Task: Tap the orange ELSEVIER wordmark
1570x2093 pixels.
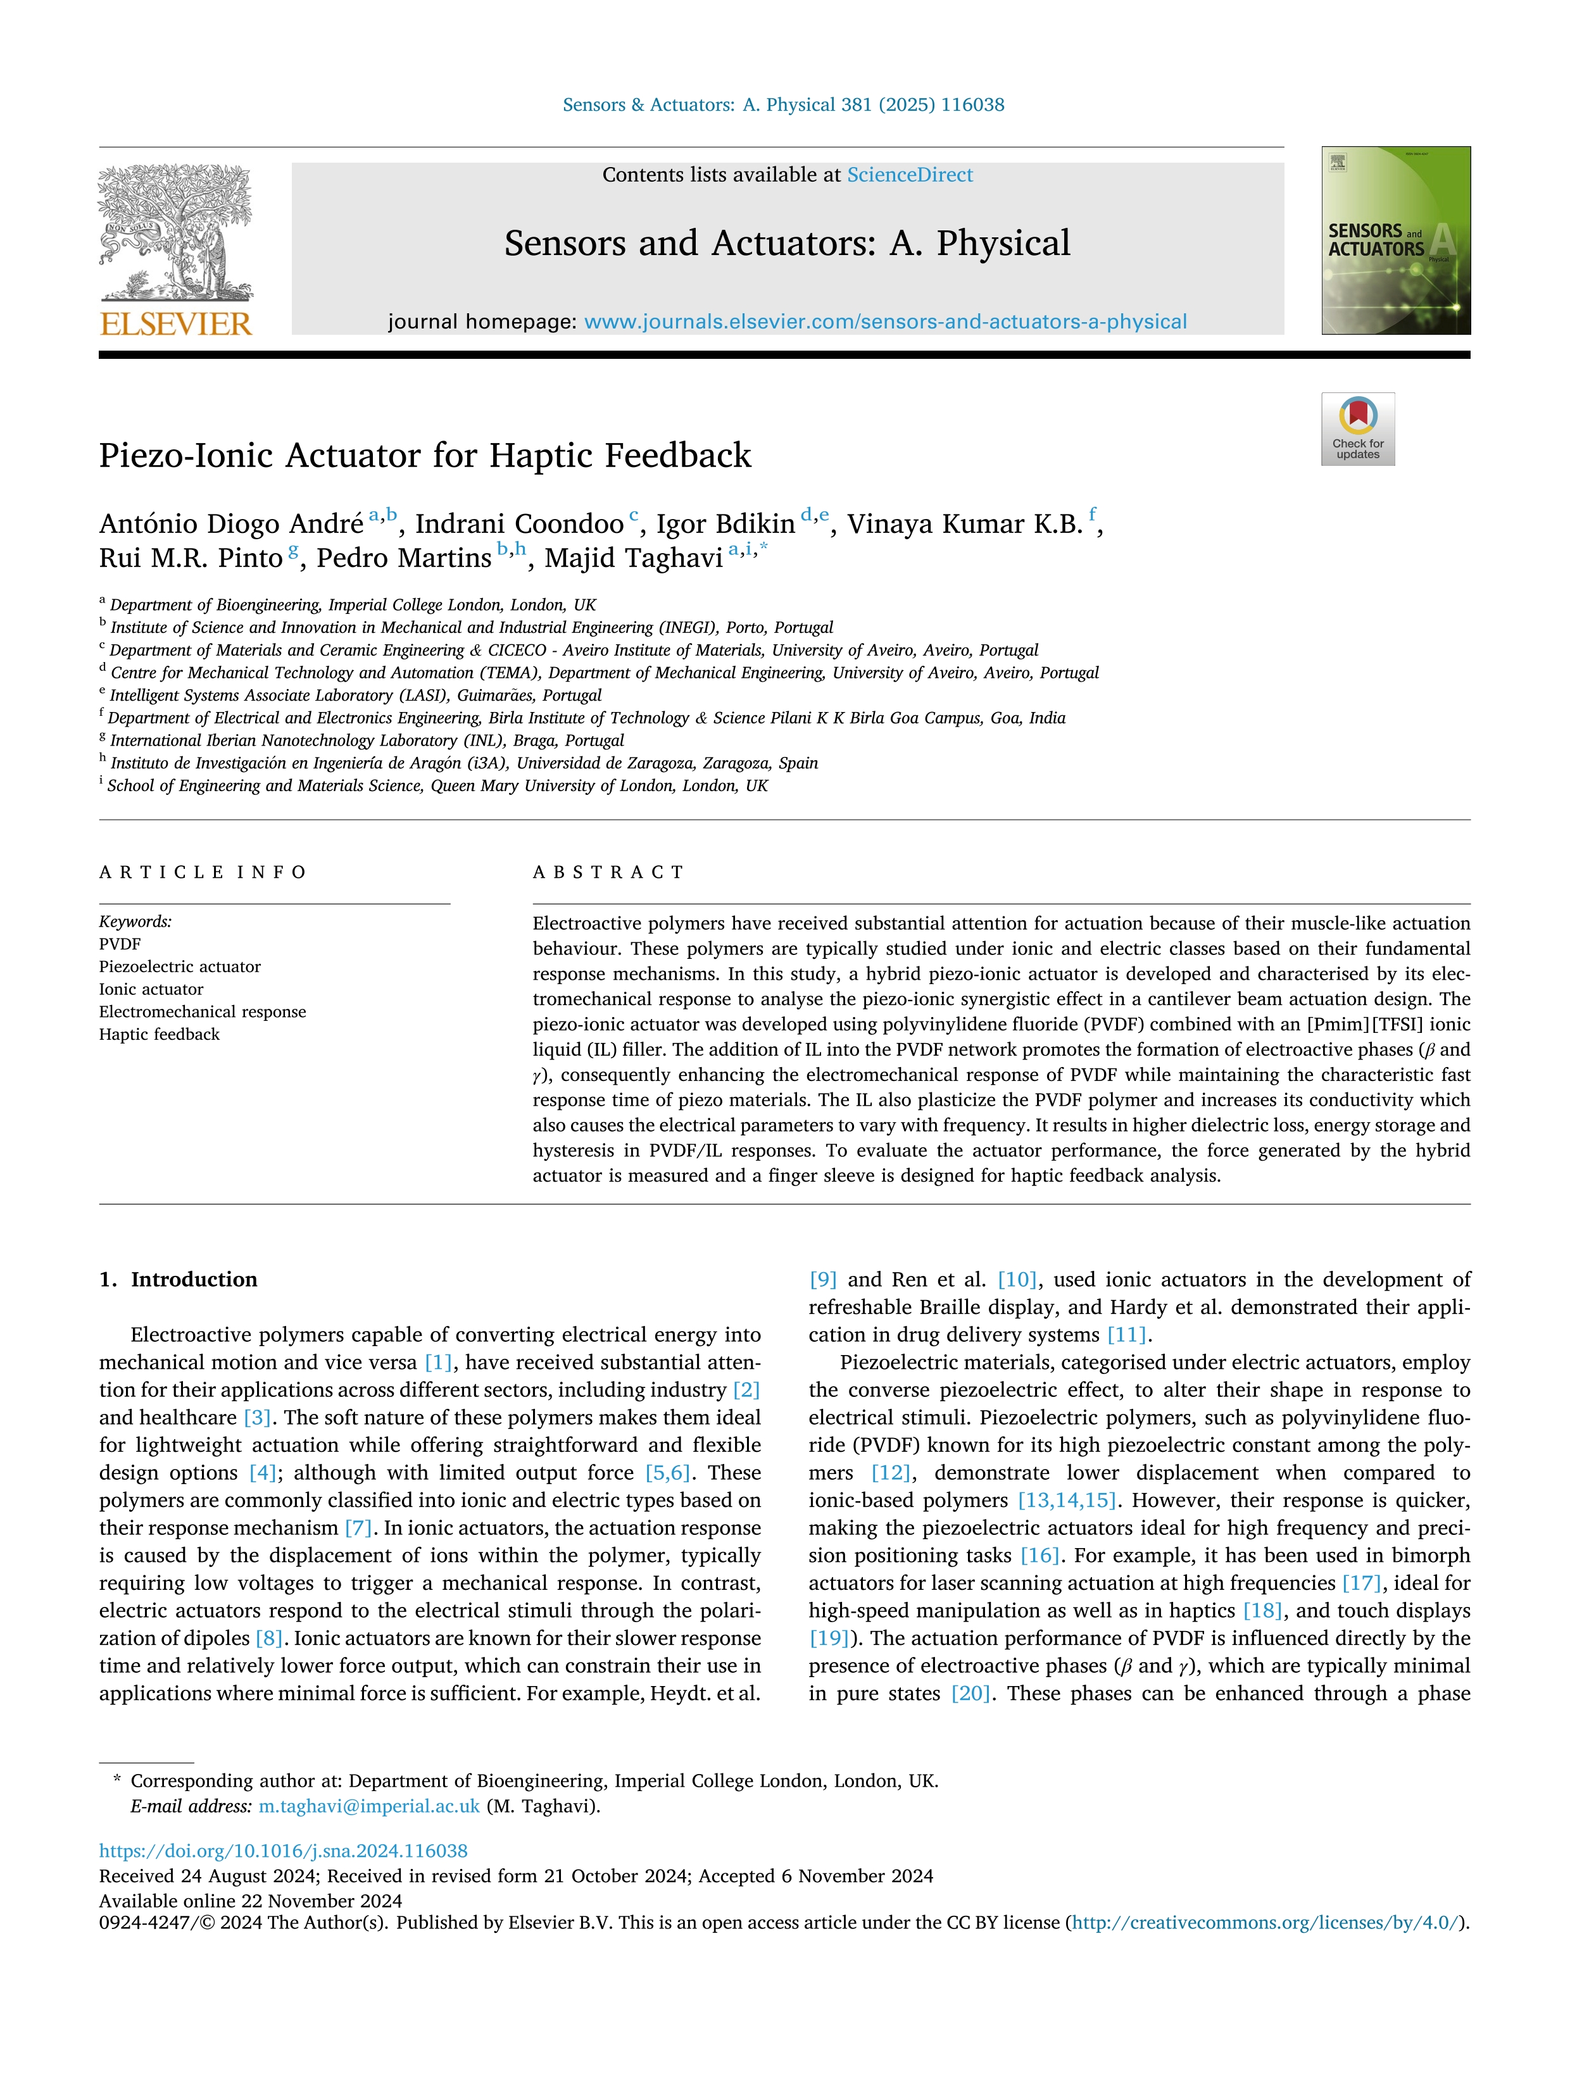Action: pyautogui.click(x=176, y=325)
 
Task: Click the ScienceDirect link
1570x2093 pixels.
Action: pyautogui.click(x=910, y=175)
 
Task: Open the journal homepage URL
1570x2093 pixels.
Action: pyautogui.click(x=885, y=322)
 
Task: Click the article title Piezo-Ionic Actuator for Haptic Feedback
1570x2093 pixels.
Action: pyautogui.click(x=425, y=455)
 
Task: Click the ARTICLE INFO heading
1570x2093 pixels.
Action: pyautogui.click(x=203, y=872)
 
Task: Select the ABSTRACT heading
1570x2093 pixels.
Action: pyautogui.click(x=608, y=872)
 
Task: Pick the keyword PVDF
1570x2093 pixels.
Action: pyautogui.click(x=120, y=944)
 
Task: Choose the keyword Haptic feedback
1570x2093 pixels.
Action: pyautogui.click(x=159, y=1034)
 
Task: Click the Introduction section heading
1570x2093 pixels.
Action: pyautogui.click(x=193, y=1279)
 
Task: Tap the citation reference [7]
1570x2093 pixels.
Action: pyautogui.click(x=358, y=1528)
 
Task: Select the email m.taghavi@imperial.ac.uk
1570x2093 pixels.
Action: pyautogui.click(x=369, y=1806)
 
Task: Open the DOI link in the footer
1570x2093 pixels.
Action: pyautogui.click(x=283, y=1851)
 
